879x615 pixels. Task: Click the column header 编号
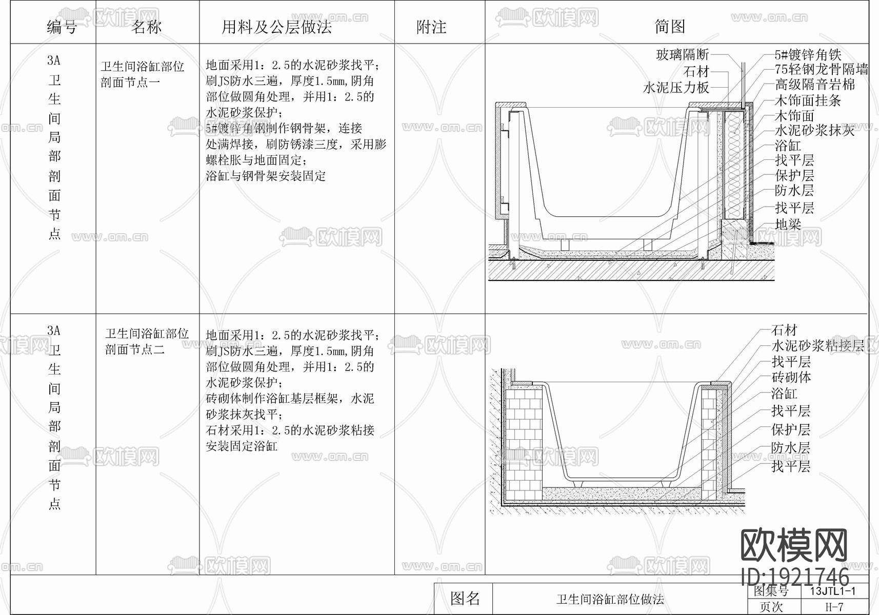pyautogui.click(x=62, y=26)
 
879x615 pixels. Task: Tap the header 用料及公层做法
pyautogui.click(x=276, y=26)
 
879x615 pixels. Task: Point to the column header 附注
pyautogui.click(x=431, y=26)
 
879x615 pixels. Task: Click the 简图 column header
pyautogui.click(x=669, y=26)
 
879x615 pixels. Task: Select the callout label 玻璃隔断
pyautogui.click(x=682, y=54)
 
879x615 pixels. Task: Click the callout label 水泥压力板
pyautogui.click(x=676, y=88)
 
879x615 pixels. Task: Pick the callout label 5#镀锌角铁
pyautogui.click(x=808, y=55)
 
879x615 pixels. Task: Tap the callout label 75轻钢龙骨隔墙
pyautogui.click(x=821, y=69)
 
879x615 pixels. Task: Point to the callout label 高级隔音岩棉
pyautogui.click(x=814, y=84)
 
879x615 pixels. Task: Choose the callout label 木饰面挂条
pyautogui.click(x=808, y=100)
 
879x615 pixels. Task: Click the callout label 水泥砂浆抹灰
pyautogui.click(x=814, y=130)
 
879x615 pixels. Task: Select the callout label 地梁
pyautogui.click(x=788, y=224)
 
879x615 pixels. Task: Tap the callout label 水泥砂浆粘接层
pyautogui.click(x=818, y=345)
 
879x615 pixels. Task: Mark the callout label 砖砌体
pyautogui.click(x=791, y=377)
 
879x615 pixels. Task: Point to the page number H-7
pyautogui.click(x=834, y=607)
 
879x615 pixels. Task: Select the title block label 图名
pyautogui.click(x=465, y=598)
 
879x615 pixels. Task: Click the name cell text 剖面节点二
pyautogui.click(x=134, y=350)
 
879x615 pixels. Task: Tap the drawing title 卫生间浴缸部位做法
pyautogui.click(x=610, y=599)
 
